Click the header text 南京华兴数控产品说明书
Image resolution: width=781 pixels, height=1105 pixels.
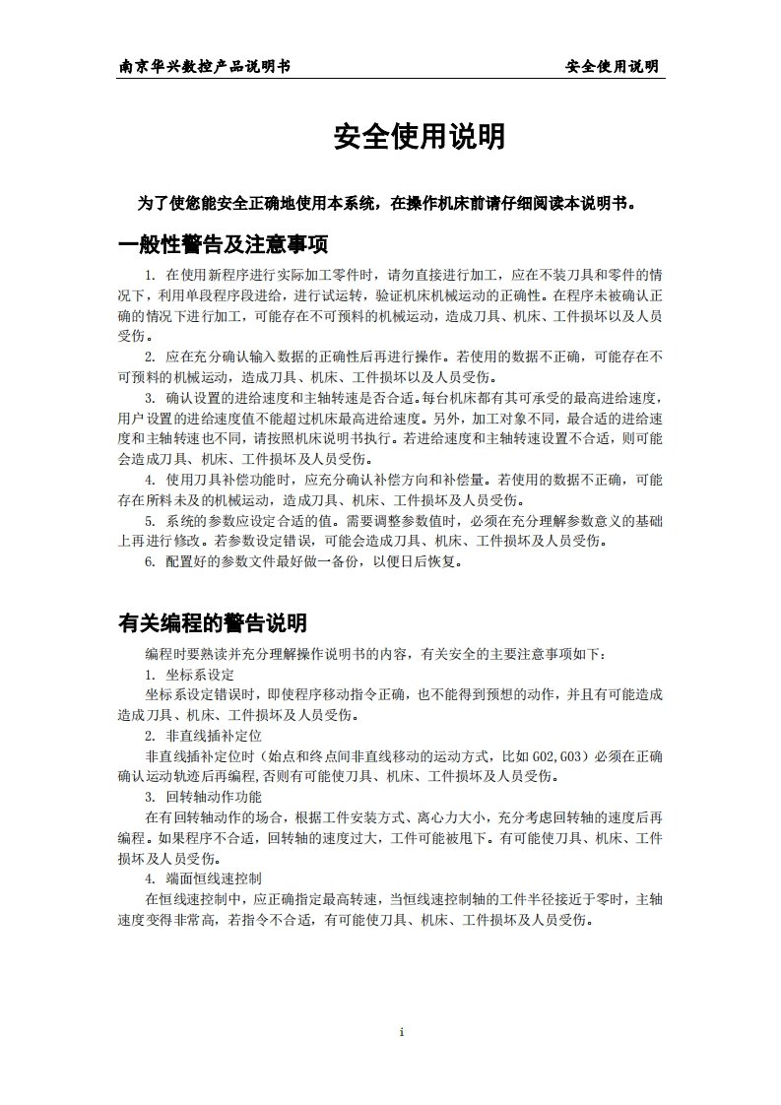pos(204,66)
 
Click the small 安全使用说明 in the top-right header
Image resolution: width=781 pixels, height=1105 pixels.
pos(612,66)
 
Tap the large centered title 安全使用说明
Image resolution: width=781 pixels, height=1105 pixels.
pos(420,138)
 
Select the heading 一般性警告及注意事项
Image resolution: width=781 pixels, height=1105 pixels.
pos(223,244)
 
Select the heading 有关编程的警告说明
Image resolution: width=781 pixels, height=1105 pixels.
pos(212,622)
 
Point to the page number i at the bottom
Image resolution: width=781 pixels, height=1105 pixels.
pos(402,1031)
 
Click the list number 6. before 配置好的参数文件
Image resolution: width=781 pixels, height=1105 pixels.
pos(151,561)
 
